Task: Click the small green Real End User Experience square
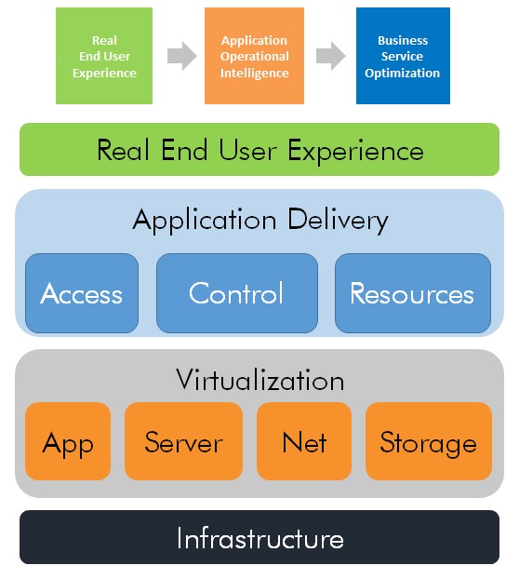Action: point(104,56)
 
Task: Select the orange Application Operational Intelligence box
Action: point(254,56)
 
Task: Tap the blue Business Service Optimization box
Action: point(403,56)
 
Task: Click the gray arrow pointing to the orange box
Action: point(182,56)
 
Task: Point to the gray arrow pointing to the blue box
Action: point(330,56)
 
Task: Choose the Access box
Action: point(82,293)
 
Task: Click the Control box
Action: point(237,293)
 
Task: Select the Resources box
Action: point(413,293)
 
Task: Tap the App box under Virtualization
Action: point(68,441)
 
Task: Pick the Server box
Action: point(184,441)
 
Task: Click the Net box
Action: point(304,441)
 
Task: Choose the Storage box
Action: point(429,441)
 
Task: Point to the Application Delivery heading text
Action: point(260,221)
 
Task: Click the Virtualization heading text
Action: point(260,380)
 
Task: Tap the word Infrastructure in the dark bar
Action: point(260,538)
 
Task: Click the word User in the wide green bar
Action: point(247,150)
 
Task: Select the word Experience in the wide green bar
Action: point(355,152)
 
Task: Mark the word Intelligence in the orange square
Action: point(255,74)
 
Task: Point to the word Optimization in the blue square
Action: point(403,74)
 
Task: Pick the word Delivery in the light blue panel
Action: point(338,222)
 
